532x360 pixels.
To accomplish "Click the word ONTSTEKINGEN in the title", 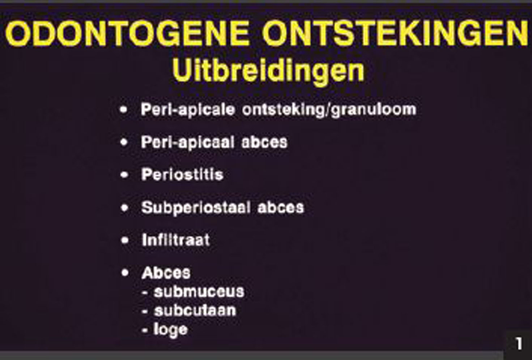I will [x=395, y=34].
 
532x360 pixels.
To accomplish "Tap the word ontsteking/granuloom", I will [x=329, y=110].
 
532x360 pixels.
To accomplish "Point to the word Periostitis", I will [x=182, y=175].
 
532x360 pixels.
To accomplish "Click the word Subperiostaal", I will [x=196, y=208].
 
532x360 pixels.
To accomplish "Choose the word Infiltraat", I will [x=176, y=240].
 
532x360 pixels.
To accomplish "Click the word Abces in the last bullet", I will [x=166, y=273].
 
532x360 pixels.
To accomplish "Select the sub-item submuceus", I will [x=199, y=292].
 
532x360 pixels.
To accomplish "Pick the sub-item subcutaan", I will [x=195, y=310].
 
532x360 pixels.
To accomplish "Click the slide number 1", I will [x=519, y=344].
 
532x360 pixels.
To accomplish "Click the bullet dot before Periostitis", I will [x=124, y=175].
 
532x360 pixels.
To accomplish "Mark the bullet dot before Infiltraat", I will [x=125, y=240].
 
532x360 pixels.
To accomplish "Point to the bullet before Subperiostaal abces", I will [x=125, y=208].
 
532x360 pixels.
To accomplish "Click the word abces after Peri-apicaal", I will [x=264, y=142].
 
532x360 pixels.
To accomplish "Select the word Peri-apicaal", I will [x=188, y=142].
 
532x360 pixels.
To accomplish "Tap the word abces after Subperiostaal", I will [x=281, y=208].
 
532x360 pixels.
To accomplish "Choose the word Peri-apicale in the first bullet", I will [x=188, y=110].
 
